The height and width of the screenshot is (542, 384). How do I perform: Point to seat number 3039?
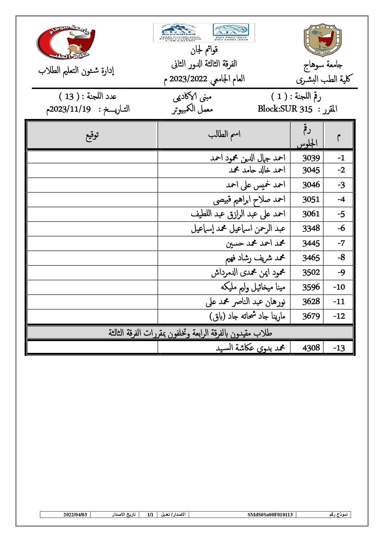pos(311,158)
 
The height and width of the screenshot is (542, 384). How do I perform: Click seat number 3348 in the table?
pos(311,228)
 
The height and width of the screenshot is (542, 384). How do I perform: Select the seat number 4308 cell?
pos(311,348)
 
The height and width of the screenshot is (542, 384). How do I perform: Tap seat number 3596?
pos(311,287)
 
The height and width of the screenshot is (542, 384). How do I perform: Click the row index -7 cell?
pos(341,243)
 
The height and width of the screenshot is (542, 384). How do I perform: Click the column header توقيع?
pos(92,135)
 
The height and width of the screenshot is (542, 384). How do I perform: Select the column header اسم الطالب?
pos(224,134)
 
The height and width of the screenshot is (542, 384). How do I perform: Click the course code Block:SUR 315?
pos(285,109)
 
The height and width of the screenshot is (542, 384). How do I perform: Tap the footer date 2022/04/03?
pos(75,514)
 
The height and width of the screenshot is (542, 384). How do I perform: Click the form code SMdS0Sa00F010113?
pos(270,514)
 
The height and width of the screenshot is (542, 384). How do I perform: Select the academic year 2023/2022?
pos(188,79)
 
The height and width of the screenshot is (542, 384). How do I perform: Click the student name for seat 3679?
pos(247,316)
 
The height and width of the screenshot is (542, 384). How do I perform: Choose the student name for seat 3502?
pos(248,273)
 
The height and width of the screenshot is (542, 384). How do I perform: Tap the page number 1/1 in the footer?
pos(150,514)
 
